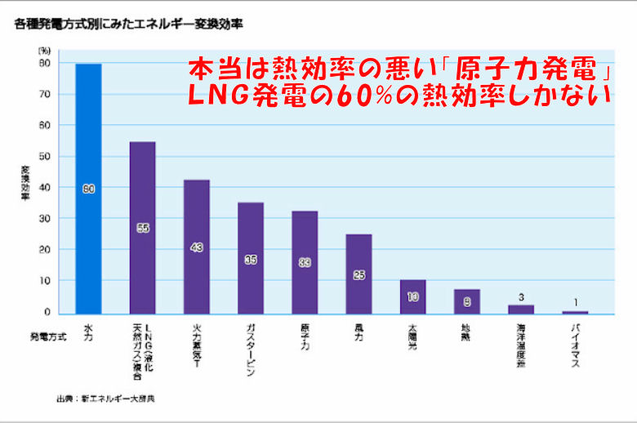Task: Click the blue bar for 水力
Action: tap(88, 188)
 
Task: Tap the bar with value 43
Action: tap(196, 246)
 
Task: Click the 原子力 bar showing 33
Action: tap(304, 262)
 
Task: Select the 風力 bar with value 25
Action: tap(358, 274)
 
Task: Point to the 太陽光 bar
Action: tap(412, 296)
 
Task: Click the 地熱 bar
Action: tap(466, 301)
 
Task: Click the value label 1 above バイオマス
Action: tap(574, 301)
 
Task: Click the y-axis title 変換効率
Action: tap(25, 187)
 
